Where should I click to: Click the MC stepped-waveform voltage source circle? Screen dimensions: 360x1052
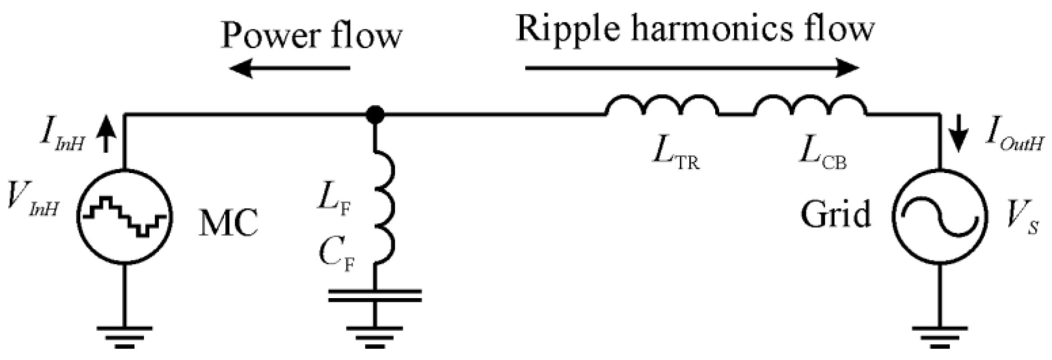point(125,216)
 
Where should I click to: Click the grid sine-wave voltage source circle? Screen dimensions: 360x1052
point(940,216)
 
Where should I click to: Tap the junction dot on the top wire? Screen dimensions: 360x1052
point(375,115)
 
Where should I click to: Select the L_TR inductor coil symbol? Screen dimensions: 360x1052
point(662,106)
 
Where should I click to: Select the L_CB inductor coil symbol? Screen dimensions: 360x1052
point(810,106)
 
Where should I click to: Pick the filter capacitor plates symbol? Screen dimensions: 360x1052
point(375,296)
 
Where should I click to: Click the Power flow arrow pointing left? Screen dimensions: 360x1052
point(289,69)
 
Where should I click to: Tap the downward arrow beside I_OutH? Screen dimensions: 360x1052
point(959,134)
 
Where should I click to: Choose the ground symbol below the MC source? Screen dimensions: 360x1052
point(125,337)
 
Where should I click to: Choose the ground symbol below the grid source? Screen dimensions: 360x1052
point(940,337)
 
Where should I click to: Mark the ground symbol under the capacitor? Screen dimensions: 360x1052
point(375,337)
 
